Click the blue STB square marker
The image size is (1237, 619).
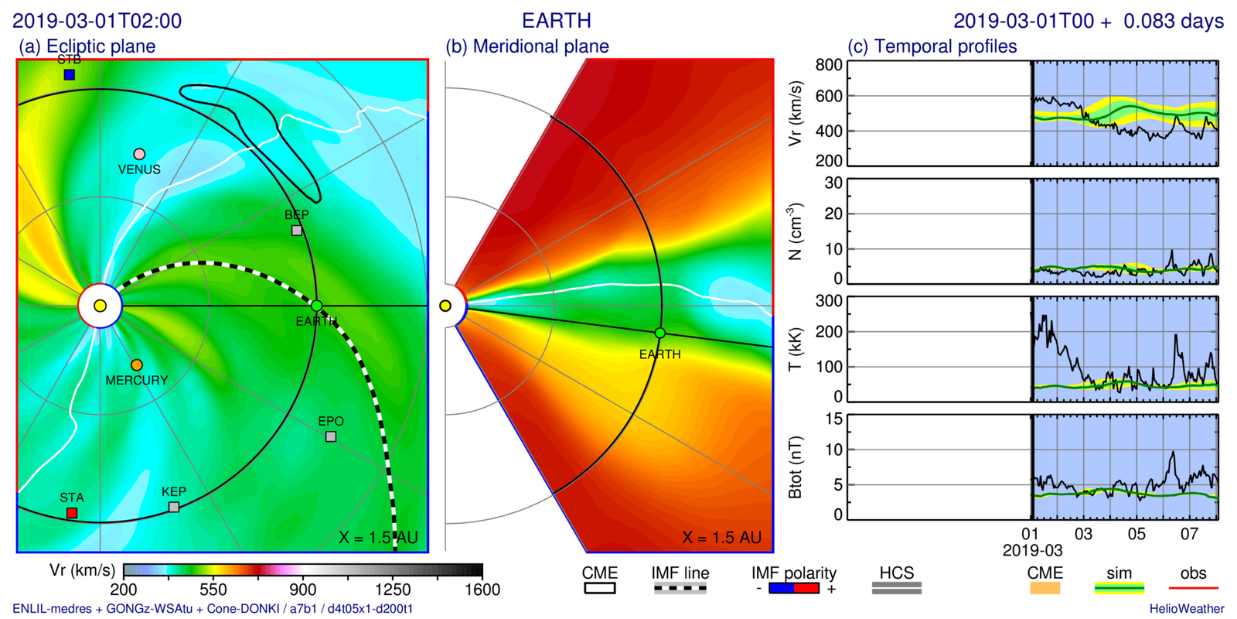pyautogui.click(x=70, y=74)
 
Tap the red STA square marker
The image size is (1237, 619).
pyautogui.click(x=72, y=513)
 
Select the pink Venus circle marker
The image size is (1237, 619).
pyautogui.click(x=139, y=154)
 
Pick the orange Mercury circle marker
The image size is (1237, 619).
pyautogui.click(x=137, y=364)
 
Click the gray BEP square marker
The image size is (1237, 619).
pyautogui.click(x=297, y=231)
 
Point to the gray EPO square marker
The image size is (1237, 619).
pyautogui.click(x=331, y=436)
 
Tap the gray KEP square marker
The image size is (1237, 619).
pyautogui.click(x=174, y=507)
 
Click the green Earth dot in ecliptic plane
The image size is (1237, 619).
pyautogui.click(x=316, y=306)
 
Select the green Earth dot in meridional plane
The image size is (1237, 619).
pyautogui.click(x=659, y=333)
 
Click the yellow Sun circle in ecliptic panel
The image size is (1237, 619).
pyautogui.click(x=100, y=306)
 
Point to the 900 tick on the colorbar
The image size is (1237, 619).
pyautogui.click(x=303, y=571)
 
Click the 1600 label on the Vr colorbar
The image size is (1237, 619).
pyautogui.click(x=482, y=590)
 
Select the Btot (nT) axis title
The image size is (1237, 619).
pyautogui.click(x=795, y=467)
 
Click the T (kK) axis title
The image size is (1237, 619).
pyautogui.click(x=795, y=349)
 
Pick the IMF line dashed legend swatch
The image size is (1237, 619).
pyautogui.click(x=680, y=589)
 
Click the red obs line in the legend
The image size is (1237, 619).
pyautogui.click(x=1193, y=589)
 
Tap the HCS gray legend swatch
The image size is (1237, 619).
pyautogui.click(x=896, y=589)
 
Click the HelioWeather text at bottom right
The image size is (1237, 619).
pyautogui.click(x=1186, y=609)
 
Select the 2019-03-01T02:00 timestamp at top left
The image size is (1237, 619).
pyautogui.click(x=97, y=21)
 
